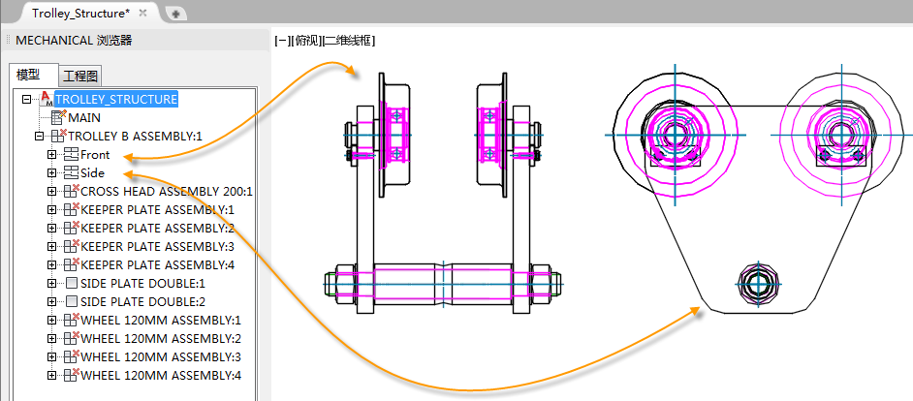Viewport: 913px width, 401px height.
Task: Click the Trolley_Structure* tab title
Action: click(x=81, y=13)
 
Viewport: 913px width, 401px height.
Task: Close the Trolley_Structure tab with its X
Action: click(x=143, y=13)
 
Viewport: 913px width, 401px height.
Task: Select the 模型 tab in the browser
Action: click(x=28, y=76)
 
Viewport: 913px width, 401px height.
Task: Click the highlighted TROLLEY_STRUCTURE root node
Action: click(x=116, y=99)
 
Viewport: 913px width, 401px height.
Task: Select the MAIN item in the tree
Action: click(x=84, y=117)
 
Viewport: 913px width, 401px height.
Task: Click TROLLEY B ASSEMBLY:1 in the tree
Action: click(x=135, y=137)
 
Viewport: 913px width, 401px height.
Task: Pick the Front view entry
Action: click(x=95, y=155)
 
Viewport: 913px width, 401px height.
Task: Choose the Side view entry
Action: click(x=93, y=172)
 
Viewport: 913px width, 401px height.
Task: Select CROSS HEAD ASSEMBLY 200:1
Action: click(x=167, y=192)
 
